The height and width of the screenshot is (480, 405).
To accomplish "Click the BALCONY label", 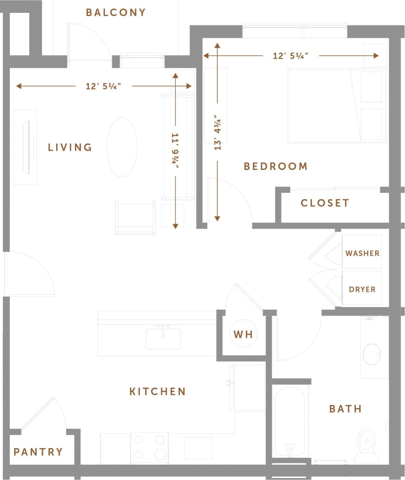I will click(115, 13).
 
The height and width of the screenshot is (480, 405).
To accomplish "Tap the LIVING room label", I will click(70, 147).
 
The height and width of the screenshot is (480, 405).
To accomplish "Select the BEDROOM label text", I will click(275, 166).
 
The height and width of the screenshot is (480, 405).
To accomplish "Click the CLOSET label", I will click(325, 203).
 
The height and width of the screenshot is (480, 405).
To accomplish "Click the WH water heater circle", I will click(243, 334).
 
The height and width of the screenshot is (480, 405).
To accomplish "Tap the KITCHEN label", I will click(157, 391).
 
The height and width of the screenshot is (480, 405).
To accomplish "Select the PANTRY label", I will click(38, 452).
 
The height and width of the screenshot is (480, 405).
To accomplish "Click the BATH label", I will click(346, 409).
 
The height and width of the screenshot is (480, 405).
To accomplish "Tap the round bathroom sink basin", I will click(371, 354).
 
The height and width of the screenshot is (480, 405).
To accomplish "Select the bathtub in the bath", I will click(289, 421).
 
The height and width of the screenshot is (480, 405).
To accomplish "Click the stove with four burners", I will click(149, 448).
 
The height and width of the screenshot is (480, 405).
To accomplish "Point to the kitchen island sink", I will click(163, 338).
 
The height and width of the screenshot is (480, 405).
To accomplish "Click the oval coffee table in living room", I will click(122, 147).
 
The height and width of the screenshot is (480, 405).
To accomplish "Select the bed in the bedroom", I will click(337, 105).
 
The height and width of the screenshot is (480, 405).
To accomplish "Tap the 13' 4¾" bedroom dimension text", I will click(218, 133).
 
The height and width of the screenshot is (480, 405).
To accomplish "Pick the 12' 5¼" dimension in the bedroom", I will click(291, 56).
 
